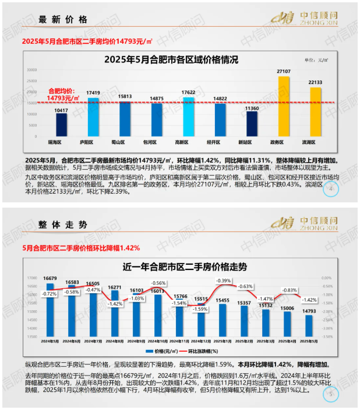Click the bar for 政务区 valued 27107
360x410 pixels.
pyautogui.click(x=284, y=105)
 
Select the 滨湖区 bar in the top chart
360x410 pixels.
pyautogui.click(x=315, y=111)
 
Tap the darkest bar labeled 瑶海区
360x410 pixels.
pyautogui.click(x=61, y=124)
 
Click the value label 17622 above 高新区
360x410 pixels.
pyautogui.click(x=188, y=92)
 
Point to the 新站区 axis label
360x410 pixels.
pyautogui.click(x=252, y=141)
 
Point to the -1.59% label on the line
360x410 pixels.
pyautogui.click(x=200, y=309)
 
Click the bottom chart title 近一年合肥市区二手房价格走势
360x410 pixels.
pyautogui.click(x=185, y=268)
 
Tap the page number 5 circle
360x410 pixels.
pyautogui.click(x=331, y=395)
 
